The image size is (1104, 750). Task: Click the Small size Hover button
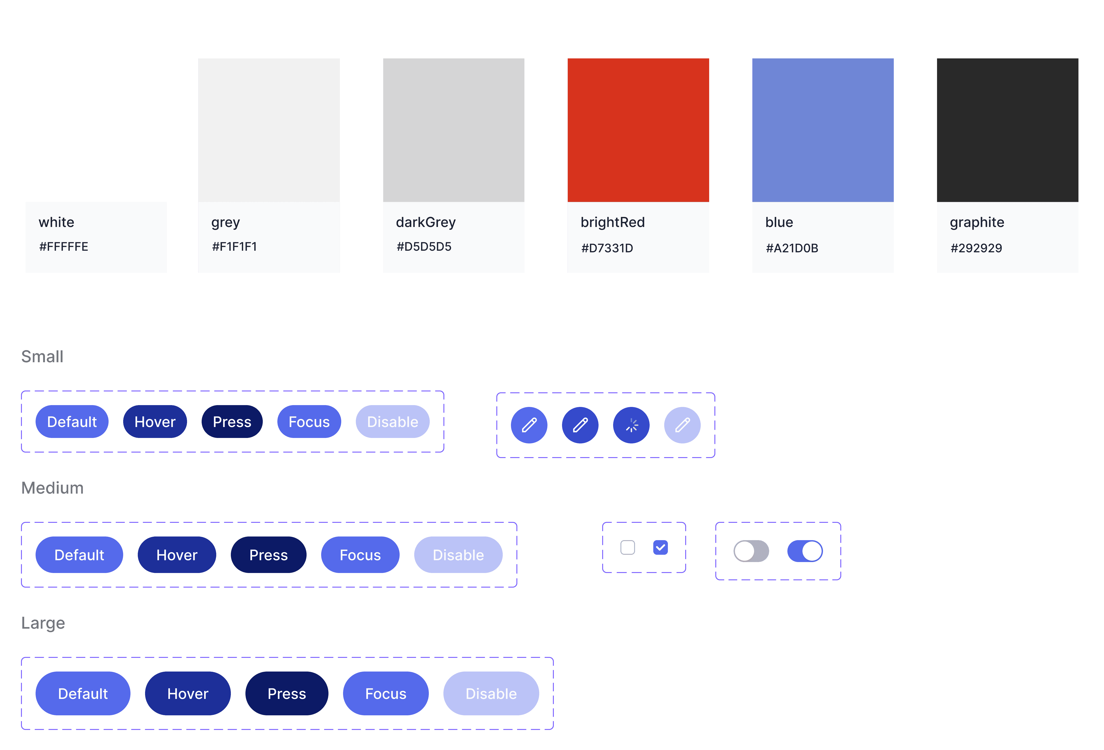[155, 422]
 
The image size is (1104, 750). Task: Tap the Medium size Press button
[268, 555]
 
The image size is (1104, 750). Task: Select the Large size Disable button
[491, 693]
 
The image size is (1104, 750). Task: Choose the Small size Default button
[72, 422]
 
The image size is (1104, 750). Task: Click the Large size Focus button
[385, 693]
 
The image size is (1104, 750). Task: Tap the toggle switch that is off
[751, 551]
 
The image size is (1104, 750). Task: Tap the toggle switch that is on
[805, 551]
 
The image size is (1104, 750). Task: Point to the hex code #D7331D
[607, 248]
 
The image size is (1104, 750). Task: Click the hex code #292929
[976, 248]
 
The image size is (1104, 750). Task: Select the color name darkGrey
[426, 222]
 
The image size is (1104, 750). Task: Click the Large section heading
[43, 623]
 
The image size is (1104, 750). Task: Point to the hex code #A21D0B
[792, 248]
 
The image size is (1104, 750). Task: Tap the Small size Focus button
[309, 422]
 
